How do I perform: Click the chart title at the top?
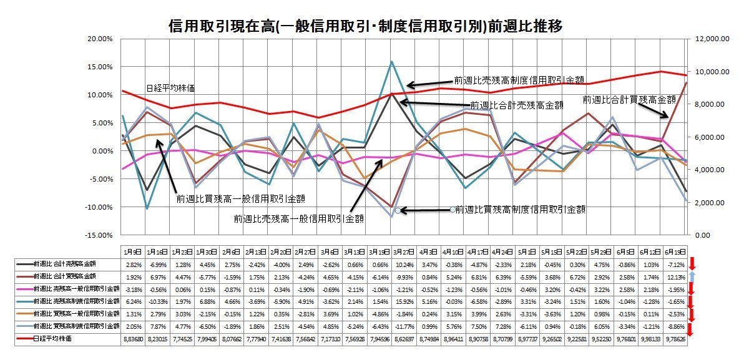click(x=367, y=26)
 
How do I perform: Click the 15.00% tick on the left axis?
click(x=99, y=67)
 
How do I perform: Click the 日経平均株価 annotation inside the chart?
click(x=169, y=88)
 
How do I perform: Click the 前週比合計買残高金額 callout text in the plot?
click(x=629, y=99)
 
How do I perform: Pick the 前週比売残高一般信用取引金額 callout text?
click(x=299, y=219)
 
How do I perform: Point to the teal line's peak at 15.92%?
click(x=391, y=61)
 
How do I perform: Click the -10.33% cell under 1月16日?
click(x=156, y=300)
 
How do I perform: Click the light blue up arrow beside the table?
click(x=691, y=276)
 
